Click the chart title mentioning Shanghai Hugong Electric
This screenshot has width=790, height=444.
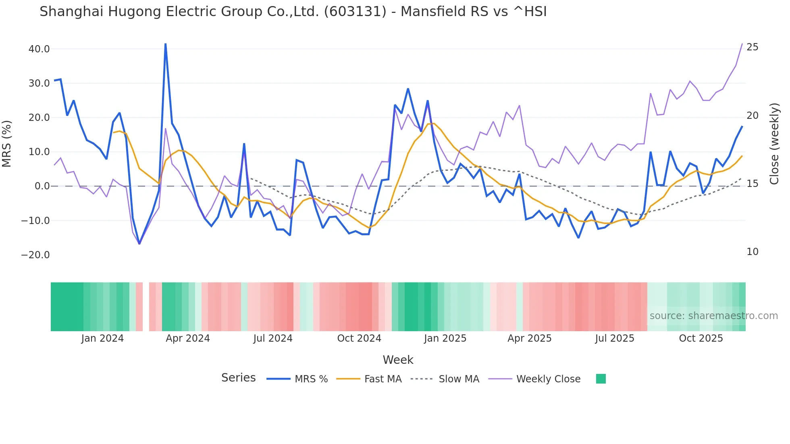[293, 12]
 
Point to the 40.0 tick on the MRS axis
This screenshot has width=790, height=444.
[39, 49]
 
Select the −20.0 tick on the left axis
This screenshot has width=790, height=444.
[35, 255]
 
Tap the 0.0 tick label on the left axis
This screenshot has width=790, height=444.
[42, 186]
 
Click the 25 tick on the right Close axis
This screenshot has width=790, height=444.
[752, 47]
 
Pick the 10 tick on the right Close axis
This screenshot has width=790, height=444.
[752, 252]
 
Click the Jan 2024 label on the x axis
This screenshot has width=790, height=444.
[102, 338]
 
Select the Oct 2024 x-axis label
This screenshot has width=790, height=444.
[359, 338]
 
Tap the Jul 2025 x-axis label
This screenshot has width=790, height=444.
[615, 338]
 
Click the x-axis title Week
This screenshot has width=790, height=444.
[398, 360]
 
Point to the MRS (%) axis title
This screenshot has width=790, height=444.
[7, 143]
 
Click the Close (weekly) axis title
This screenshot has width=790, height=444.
[774, 143]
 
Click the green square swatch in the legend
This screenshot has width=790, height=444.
[601, 379]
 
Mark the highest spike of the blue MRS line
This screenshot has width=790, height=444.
[166, 44]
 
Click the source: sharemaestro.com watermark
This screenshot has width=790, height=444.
[713, 316]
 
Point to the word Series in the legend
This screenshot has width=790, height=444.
[238, 378]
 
